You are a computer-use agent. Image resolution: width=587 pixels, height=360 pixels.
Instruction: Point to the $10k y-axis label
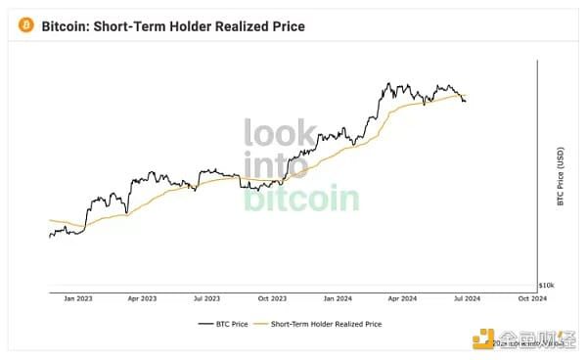(x=548, y=285)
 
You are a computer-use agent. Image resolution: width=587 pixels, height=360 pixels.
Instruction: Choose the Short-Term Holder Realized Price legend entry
(x=324, y=323)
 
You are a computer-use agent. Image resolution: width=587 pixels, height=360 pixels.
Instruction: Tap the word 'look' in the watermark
(x=279, y=133)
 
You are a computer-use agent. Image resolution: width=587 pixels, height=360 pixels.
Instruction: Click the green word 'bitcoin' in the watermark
(x=300, y=199)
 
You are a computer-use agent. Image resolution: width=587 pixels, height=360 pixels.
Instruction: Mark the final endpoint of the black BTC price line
(x=465, y=101)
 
